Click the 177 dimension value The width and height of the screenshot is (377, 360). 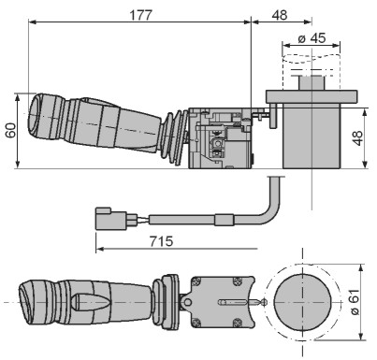tap(141, 15)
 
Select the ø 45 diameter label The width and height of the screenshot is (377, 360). tap(312, 38)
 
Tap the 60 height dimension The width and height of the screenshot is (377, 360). tap(11, 131)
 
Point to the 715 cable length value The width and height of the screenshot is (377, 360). tap(161, 241)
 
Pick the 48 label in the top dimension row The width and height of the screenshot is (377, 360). tap(280, 15)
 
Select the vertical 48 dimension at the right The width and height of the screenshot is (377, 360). tap(357, 138)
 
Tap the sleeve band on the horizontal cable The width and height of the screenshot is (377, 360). tap(225, 220)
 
